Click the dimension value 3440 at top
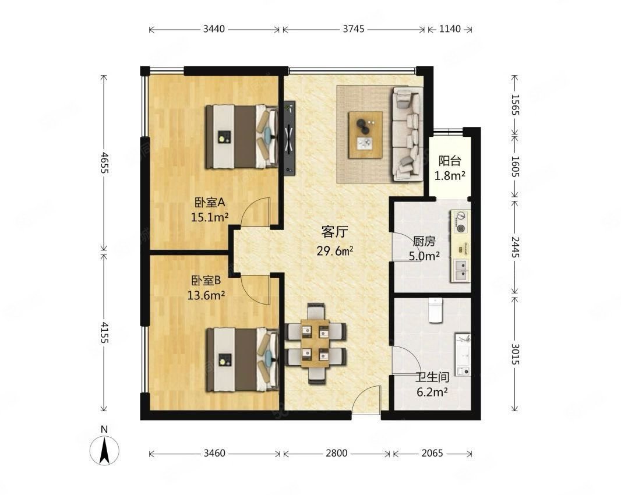tap(214, 29)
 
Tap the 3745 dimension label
tap(353, 29)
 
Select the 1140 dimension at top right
tap(450, 29)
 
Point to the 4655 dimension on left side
tap(104, 162)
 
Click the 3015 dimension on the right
tap(515, 354)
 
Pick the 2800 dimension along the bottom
tap(337, 453)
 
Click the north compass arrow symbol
tap(104, 450)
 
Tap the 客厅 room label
tap(334, 232)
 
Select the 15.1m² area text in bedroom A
tap(210, 217)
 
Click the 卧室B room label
tap(206, 281)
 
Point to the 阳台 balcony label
tap(450, 161)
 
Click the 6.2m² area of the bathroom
tap(432, 392)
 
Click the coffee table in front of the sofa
tap(365, 135)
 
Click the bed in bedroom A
tap(241, 136)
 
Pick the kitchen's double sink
tap(461, 270)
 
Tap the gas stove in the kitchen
tap(461, 221)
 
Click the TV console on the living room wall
tap(290, 138)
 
